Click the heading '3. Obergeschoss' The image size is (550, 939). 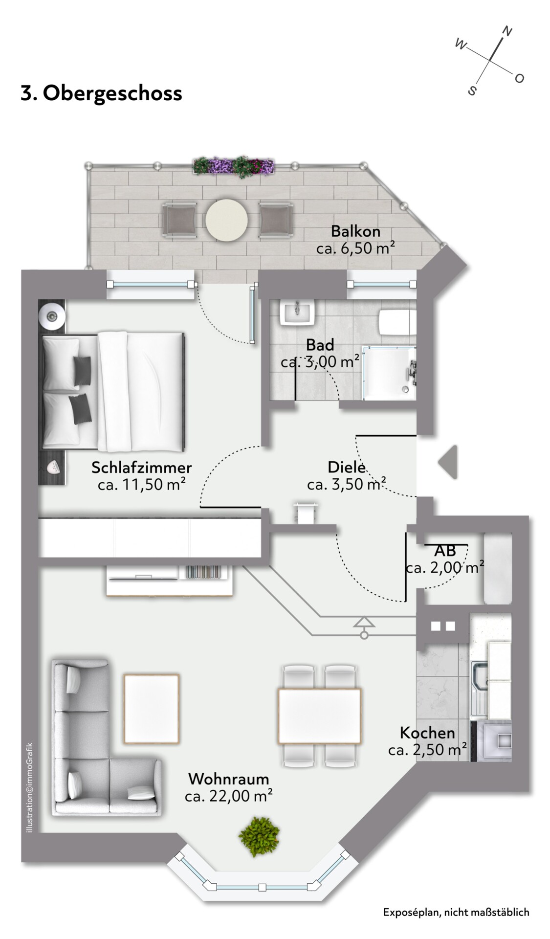[x=101, y=93]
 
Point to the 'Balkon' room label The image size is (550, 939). [x=355, y=231]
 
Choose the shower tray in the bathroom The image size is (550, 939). [x=389, y=373]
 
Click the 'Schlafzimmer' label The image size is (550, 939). [x=141, y=467]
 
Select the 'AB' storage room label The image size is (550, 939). [x=445, y=551]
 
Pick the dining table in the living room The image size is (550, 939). [x=319, y=716]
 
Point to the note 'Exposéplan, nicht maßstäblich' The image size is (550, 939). [x=456, y=912]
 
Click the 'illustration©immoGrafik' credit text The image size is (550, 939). [x=29, y=788]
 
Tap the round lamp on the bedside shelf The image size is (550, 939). [x=52, y=316]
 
